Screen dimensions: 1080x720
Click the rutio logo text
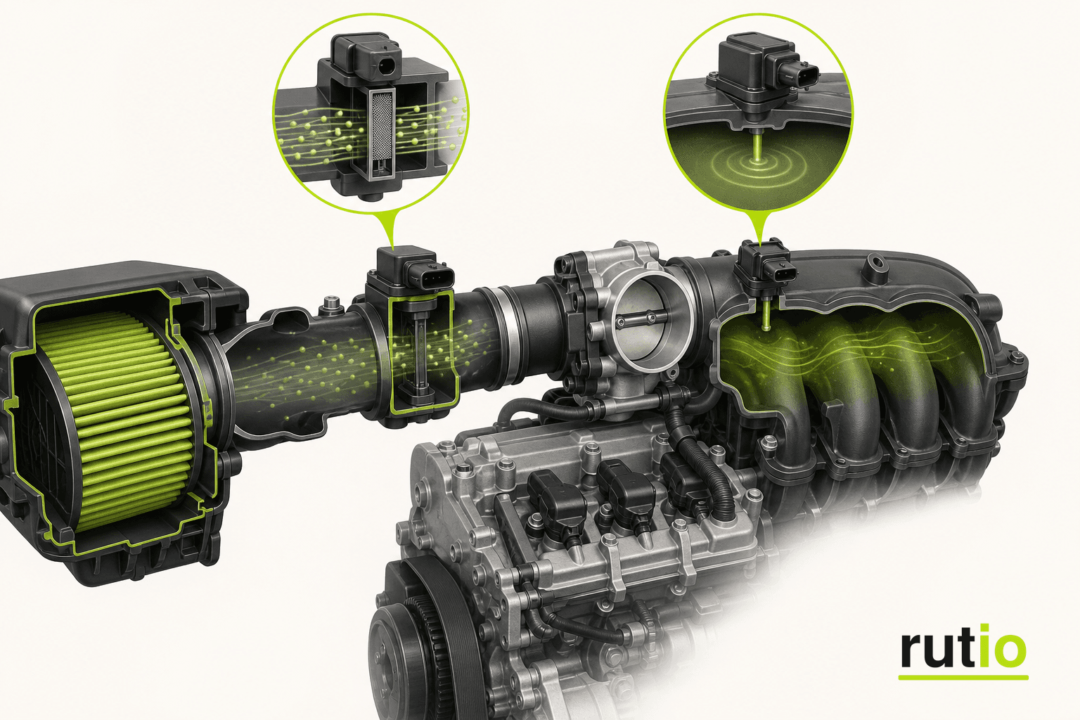(x=963, y=647)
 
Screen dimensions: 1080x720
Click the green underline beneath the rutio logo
(x=963, y=678)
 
